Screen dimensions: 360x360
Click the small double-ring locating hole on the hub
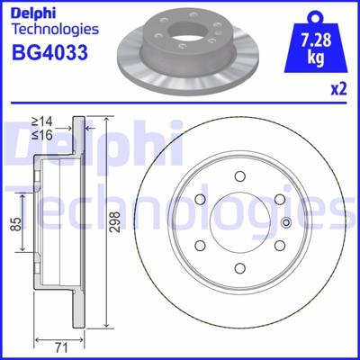point(286,224)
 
